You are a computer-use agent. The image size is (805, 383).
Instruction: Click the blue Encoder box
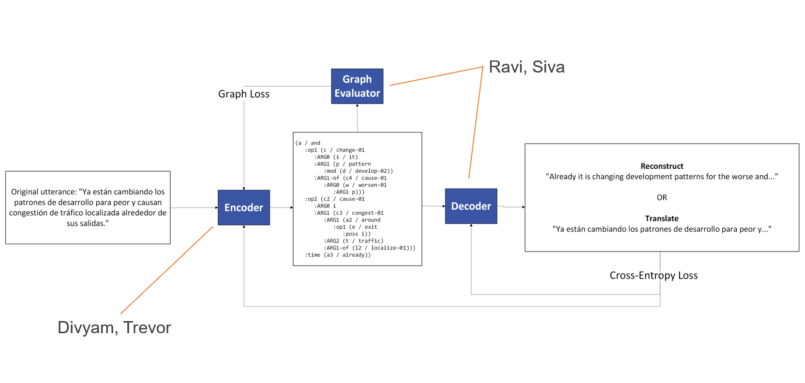(x=243, y=207)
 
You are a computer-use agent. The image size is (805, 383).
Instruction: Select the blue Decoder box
(x=471, y=206)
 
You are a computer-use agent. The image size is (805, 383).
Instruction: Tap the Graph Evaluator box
(x=357, y=86)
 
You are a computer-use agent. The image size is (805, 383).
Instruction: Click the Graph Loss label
(x=243, y=94)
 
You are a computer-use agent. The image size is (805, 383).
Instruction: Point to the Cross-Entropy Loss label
(x=653, y=275)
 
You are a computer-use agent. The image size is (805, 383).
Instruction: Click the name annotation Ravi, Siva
(x=526, y=67)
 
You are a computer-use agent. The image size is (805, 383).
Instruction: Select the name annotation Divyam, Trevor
(x=114, y=327)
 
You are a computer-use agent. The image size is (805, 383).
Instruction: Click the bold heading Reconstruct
(x=661, y=166)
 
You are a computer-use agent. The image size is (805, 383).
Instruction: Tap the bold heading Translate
(x=661, y=218)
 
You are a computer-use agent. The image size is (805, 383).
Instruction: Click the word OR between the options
(x=661, y=197)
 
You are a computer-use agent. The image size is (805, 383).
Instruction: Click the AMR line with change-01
(x=335, y=150)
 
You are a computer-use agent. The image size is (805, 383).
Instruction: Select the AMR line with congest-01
(x=349, y=213)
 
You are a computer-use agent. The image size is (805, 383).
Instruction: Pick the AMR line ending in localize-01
(x=370, y=248)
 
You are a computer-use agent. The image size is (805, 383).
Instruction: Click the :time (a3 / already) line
(x=338, y=255)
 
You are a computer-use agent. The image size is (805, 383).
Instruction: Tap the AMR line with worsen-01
(x=355, y=185)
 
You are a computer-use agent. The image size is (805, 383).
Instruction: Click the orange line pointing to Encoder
(x=167, y=270)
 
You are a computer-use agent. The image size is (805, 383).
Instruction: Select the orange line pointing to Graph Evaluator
(x=435, y=76)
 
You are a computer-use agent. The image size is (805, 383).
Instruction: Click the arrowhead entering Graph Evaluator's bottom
(x=357, y=105)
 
